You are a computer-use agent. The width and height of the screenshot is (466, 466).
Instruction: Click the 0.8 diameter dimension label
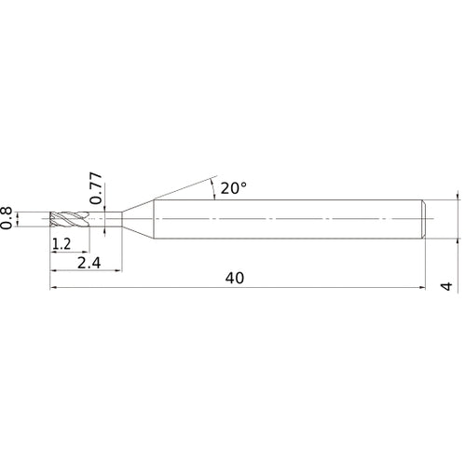point(8,217)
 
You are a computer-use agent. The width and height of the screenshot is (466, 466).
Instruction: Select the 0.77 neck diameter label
point(96,186)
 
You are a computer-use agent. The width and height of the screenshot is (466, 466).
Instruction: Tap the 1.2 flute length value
point(62,245)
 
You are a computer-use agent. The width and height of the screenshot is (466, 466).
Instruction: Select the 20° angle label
point(233,188)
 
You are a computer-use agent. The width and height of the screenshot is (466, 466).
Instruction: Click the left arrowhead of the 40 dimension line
point(53,289)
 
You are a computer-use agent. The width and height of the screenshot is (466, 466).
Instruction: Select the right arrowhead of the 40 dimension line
point(424,289)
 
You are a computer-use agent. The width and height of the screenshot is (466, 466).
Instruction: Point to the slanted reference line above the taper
point(182,185)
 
